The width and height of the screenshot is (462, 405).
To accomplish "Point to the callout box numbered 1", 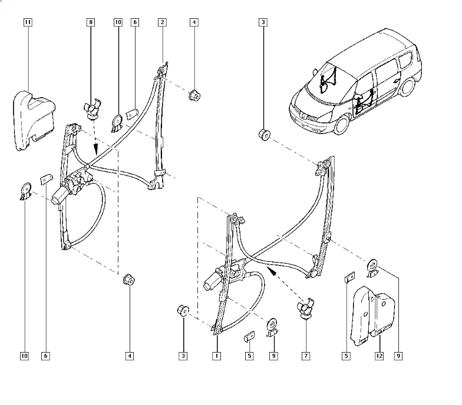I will [216, 356].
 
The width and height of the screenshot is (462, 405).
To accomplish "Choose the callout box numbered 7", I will [306, 356].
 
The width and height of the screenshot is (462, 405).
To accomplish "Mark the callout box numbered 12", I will [379, 356].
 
